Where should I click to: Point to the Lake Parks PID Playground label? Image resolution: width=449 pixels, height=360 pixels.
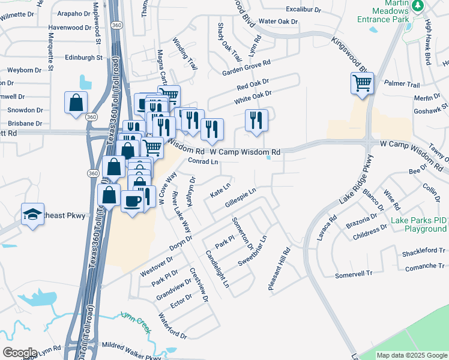tap(419, 225)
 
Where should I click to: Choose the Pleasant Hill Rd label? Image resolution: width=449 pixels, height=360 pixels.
tap(279, 270)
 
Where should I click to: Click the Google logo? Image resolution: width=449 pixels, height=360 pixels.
tap(20, 352)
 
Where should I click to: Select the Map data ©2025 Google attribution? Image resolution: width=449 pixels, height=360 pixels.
tap(411, 355)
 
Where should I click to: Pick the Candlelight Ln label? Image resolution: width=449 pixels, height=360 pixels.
tap(217, 268)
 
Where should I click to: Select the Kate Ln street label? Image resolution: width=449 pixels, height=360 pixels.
tap(220, 191)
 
